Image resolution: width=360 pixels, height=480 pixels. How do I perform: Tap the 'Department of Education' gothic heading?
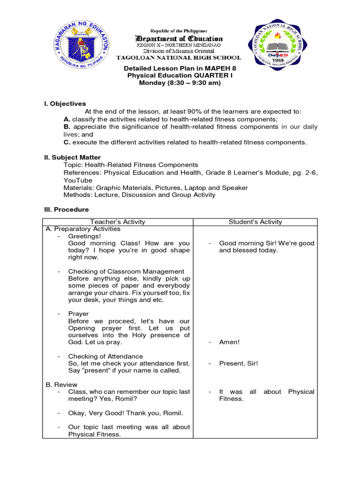point(179,38)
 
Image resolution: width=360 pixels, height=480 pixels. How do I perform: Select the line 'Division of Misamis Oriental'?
point(179,51)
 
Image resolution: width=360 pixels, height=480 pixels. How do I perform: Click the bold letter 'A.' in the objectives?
point(67,119)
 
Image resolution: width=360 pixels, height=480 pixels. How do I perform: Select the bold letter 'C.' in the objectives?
point(67,142)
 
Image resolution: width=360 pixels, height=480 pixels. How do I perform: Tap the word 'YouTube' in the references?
point(78,180)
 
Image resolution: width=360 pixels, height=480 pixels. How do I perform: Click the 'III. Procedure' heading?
point(66,210)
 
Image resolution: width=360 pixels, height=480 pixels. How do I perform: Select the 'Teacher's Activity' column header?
point(118,222)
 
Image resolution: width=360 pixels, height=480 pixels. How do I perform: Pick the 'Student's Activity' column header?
point(255,222)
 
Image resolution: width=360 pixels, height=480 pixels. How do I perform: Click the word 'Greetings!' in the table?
point(84,236)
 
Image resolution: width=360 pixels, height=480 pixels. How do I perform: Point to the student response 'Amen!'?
point(229,342)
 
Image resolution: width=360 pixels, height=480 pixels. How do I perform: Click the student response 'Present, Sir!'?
point(238,363)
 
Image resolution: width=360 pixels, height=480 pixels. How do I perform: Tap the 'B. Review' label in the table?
point(61,384)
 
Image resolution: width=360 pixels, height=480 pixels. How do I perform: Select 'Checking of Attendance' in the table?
point(105,356)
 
